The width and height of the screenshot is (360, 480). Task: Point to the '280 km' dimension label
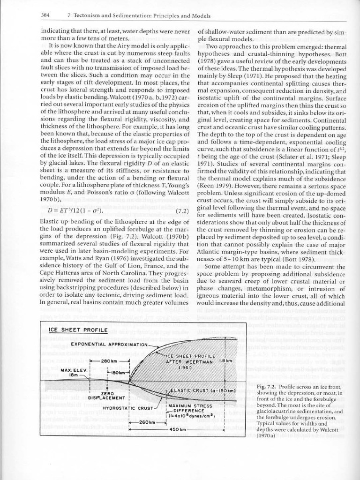[x=109, y=361]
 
